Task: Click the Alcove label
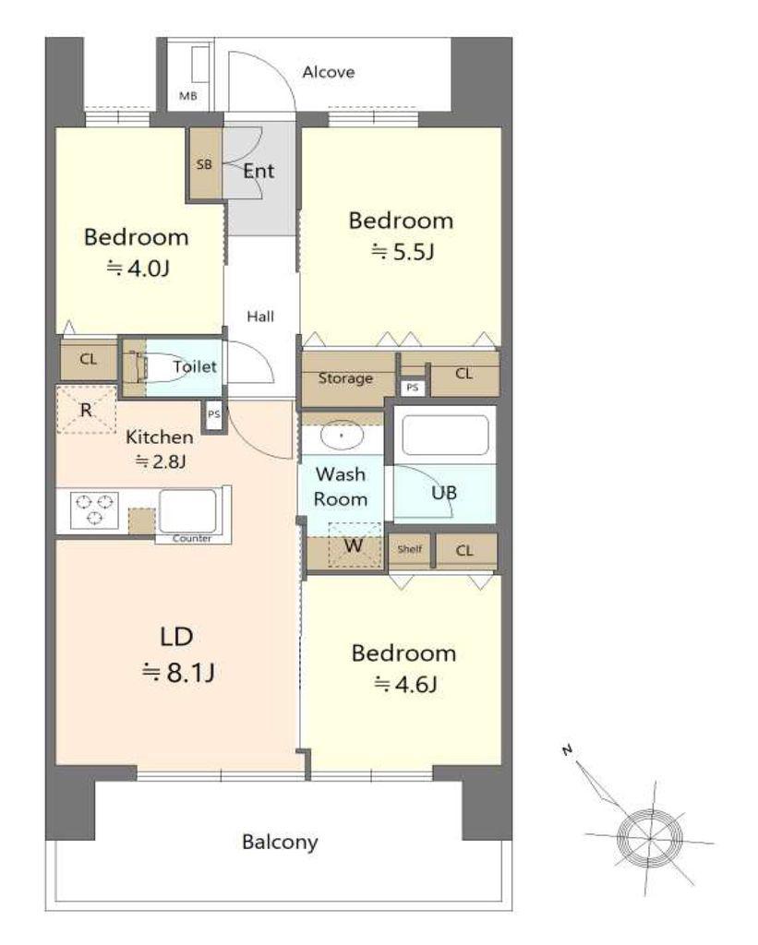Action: point(328,72)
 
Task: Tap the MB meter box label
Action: point(187,96)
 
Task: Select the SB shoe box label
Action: point(204,164)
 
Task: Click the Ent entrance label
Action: point(259,171)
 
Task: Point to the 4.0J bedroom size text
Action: point(138,268)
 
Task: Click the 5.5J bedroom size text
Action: point(403,251)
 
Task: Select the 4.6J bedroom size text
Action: point(405,684)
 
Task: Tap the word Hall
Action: point(260,317)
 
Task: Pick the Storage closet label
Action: point(345,378)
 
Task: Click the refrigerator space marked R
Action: point(86,410)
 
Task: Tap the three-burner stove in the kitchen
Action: point(94,509)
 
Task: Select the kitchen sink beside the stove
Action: point(186,511)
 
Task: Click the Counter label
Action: point(192,538)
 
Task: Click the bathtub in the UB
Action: point(445,436)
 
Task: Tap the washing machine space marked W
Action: point(355,545)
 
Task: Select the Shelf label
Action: point(409,549)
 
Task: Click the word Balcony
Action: point(280,842)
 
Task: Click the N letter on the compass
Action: point(567,750)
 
